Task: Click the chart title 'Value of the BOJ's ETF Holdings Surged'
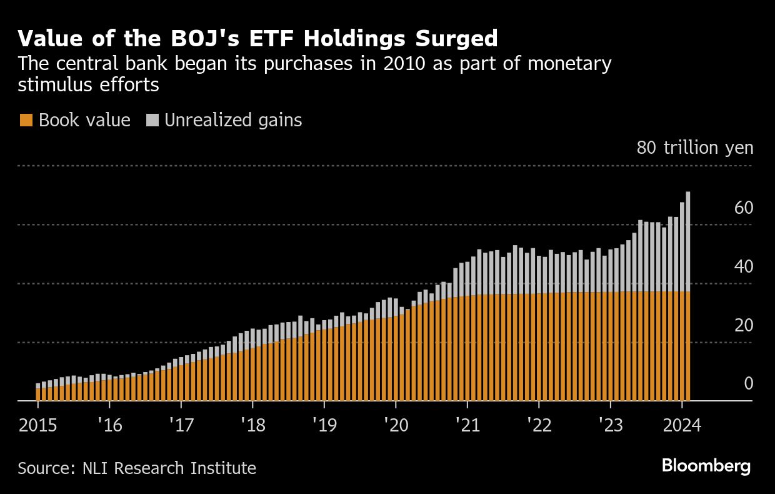257,39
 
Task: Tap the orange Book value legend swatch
26,121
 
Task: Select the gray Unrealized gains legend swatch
152,121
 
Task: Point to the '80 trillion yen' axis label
695,148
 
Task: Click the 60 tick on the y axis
744,208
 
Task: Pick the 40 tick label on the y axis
744,266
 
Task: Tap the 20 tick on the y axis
744,325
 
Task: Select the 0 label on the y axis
748,383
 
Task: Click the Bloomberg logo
706,466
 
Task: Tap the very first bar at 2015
38,393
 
